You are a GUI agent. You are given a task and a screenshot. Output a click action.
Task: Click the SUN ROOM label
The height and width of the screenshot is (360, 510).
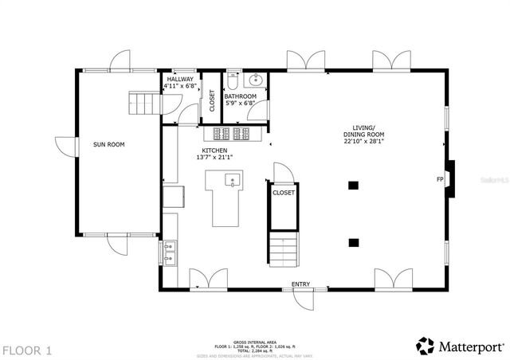pyautogui.click(x=109, y=144)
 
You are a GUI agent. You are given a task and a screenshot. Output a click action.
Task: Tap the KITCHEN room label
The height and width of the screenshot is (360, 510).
pyautogui.click(x=214, y=151)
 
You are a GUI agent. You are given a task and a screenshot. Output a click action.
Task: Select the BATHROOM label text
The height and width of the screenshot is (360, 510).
pyautogui.click(x=240, y=96)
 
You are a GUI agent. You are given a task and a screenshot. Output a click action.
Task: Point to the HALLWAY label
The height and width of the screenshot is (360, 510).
pyautogui.click(x=178, y=78)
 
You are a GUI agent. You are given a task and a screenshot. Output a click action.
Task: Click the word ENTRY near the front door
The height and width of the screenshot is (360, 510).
pyautogui.click(x=300, y=284)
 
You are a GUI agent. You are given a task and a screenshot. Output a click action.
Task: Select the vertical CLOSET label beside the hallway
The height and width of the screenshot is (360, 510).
pyautogui.click(x=211, y=100)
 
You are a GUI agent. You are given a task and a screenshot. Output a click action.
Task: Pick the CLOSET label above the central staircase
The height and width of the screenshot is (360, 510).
pyautogui.click(x=284, y=193)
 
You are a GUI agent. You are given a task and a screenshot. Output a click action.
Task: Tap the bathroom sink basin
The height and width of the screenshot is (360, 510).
pyautogui.click(x=254, y=80)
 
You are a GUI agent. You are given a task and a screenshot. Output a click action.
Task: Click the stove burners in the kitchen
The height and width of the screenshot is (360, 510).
pyautogui.click(x=230, y=133)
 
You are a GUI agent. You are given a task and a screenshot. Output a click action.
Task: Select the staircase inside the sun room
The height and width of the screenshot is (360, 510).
pyautogui.click(x=143, y=103)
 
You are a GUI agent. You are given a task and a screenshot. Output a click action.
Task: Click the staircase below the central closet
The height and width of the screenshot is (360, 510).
pyautogui.click(x=284, y=251)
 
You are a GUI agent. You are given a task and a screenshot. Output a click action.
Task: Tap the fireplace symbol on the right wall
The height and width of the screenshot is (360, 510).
pyautogui.click(x=451, y=179)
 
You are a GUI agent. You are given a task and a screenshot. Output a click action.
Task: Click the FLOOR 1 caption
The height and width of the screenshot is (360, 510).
pyautogui.click(x=27, y=349)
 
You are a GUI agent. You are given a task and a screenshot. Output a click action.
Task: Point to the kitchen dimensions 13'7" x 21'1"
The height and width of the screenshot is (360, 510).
pyautogui.click(x=214, y=158)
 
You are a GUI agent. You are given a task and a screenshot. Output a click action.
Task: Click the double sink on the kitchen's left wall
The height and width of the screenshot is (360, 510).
pyautogui.click(x=170, y=252)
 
